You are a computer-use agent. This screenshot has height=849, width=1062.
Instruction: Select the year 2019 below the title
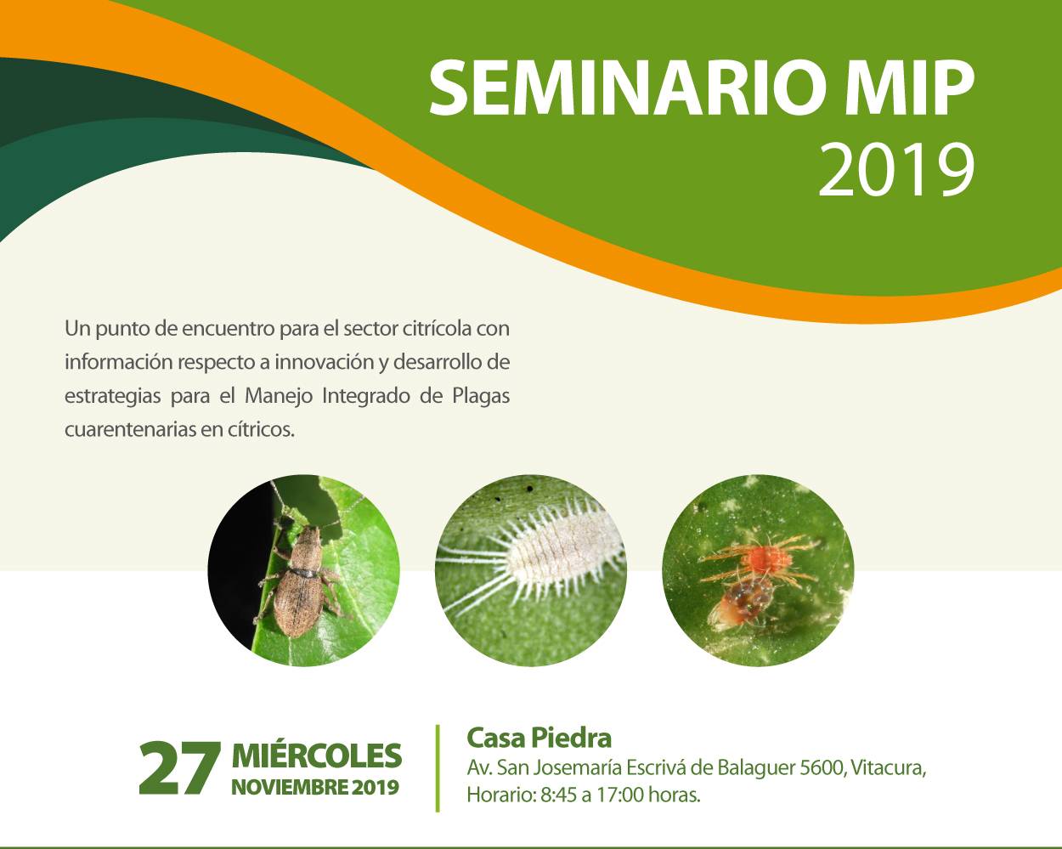click(895, 170)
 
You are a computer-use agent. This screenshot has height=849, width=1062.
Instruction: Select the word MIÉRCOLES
click(317, 755)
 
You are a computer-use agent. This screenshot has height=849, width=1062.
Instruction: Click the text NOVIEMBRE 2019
click(315, 787)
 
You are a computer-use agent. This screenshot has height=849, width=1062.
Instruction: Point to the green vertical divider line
click(438, 768)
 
